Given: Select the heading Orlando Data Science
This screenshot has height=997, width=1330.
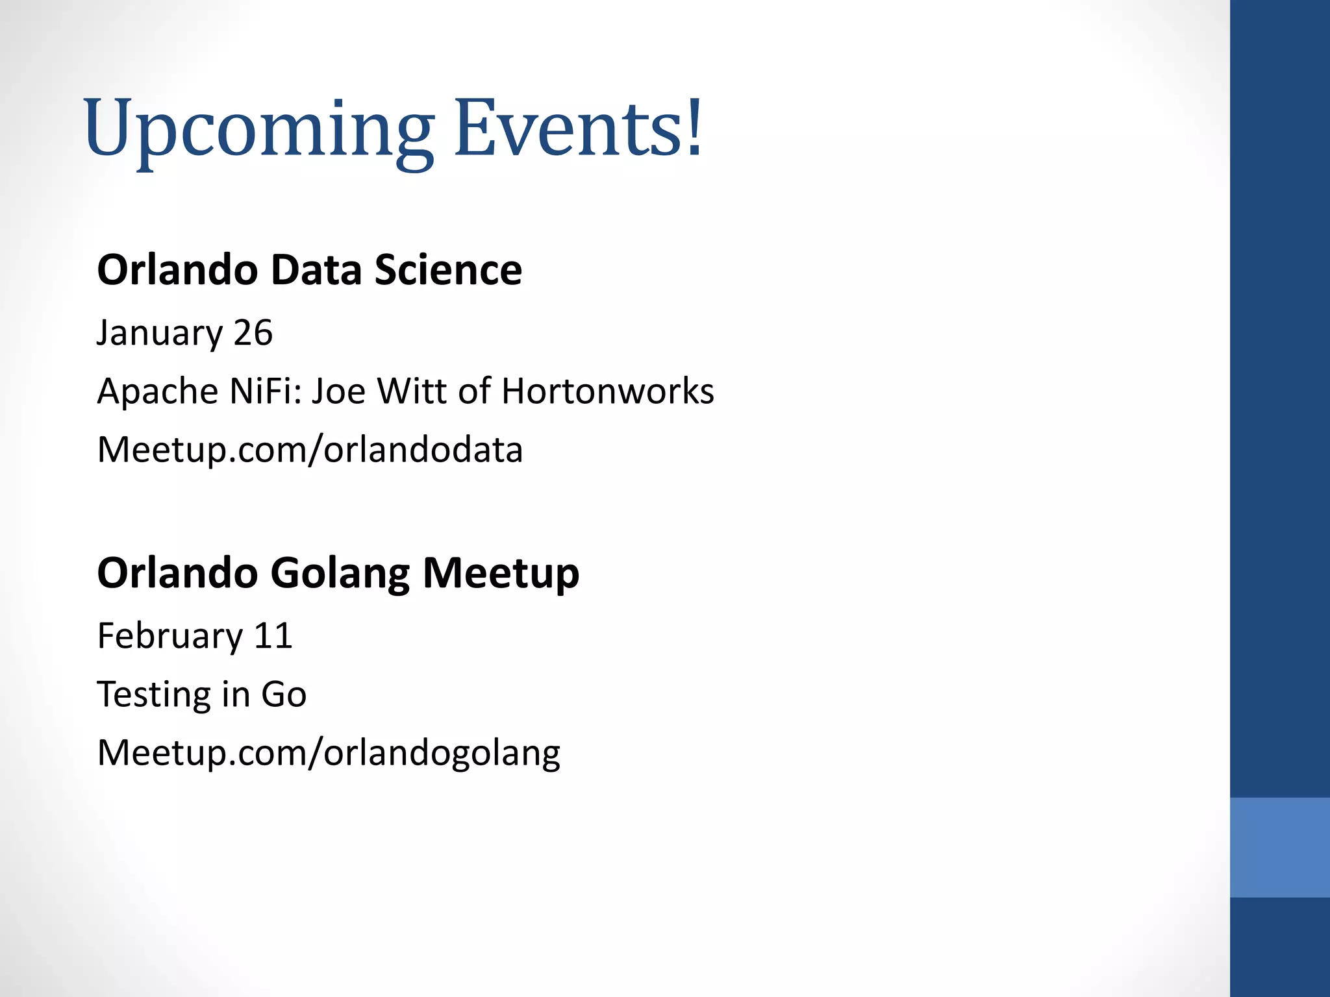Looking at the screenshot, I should pos(309,269).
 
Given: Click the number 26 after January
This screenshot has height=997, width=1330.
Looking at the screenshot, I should pos(253,333).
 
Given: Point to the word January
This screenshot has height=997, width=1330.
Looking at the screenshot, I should pos(160,333).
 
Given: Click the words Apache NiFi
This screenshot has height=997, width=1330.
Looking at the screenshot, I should pos(198,391).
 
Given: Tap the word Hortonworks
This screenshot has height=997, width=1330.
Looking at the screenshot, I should pos(607,391).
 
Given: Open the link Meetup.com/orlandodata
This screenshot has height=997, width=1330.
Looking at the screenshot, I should pos(309,449).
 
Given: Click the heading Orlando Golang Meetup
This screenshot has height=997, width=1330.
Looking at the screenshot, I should pos(338,573).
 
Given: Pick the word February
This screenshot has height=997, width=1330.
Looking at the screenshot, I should pos(169,635).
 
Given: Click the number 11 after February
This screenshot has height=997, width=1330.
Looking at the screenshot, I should pos(273,635).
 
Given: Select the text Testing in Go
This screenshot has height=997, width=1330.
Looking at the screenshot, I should pos(201,694).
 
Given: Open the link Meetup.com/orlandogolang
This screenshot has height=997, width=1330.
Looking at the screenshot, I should pos(328,753).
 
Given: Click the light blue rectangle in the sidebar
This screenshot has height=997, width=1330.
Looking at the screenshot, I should pos(1279,847).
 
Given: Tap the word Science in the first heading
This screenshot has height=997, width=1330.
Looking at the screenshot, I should pos(448,269).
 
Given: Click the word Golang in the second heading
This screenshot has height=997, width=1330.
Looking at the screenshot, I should pos(339,573).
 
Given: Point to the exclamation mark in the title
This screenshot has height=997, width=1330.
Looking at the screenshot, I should pos(695,127).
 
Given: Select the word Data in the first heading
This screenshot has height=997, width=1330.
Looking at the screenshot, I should pos(316,269).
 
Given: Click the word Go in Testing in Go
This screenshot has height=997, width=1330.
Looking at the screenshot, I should pos(284,694).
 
